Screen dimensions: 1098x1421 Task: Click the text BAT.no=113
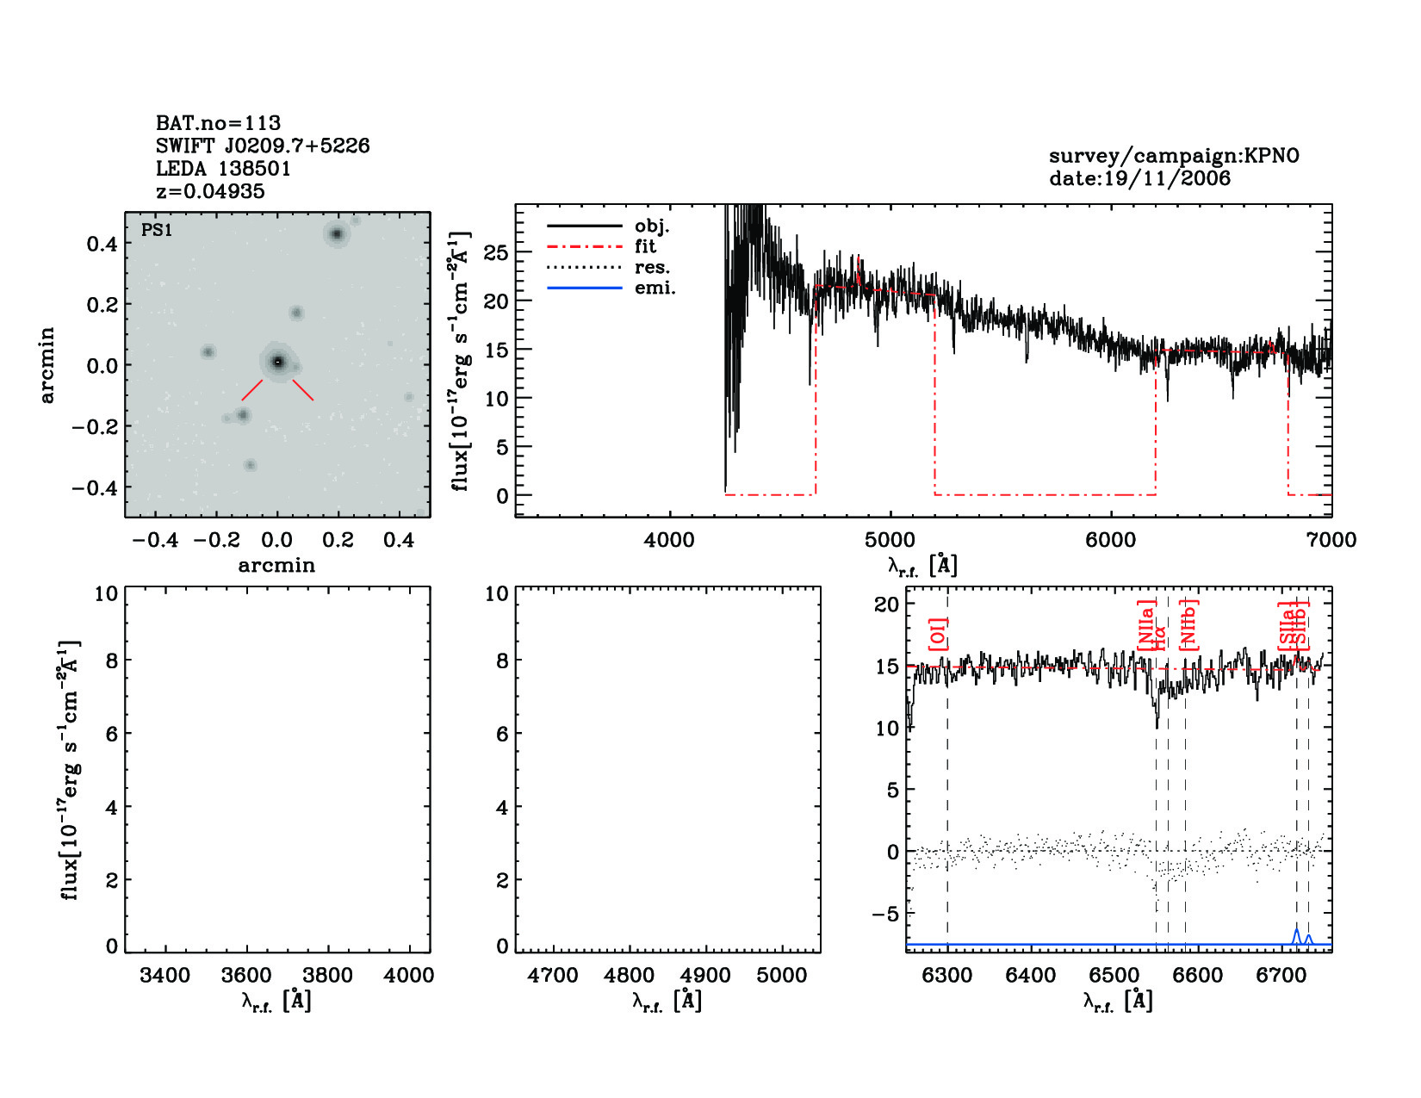click(x=218, y=123)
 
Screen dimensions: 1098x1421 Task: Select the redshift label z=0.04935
click(x=210, y=191)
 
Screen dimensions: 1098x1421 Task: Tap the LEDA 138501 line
click(x=223, y=169)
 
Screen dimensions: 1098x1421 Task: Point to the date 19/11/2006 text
click(x=1139, y=178)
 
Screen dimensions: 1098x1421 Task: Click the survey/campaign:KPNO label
click(x=1174, y=156)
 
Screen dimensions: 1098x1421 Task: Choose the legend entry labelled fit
click(x=645, y=247)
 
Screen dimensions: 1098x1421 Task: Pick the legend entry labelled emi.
click(x=655, y=288)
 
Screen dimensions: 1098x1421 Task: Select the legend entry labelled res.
click(x=652, y=268)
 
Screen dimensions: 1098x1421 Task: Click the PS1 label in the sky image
click(x=157, y=230)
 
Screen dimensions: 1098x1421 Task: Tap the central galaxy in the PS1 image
click(x=277, y=363)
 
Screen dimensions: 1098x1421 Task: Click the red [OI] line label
click(x=937, y=634)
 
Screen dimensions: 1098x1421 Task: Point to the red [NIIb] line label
click(x=1189, y=624)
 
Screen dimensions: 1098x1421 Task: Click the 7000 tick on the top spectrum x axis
click(x=1331, y=540)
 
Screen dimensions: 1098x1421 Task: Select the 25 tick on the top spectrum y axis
click(x=496, y=253)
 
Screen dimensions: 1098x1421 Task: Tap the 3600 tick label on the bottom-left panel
click(x=246, y=976)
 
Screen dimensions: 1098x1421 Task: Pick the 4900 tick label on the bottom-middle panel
click(x=705, y=976)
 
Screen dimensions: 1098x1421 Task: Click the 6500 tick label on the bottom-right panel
click(x=1114, y=976)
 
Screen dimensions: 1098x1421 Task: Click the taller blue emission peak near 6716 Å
click(x=1296, y=932)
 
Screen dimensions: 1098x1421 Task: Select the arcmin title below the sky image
click(x=276, y=566)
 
